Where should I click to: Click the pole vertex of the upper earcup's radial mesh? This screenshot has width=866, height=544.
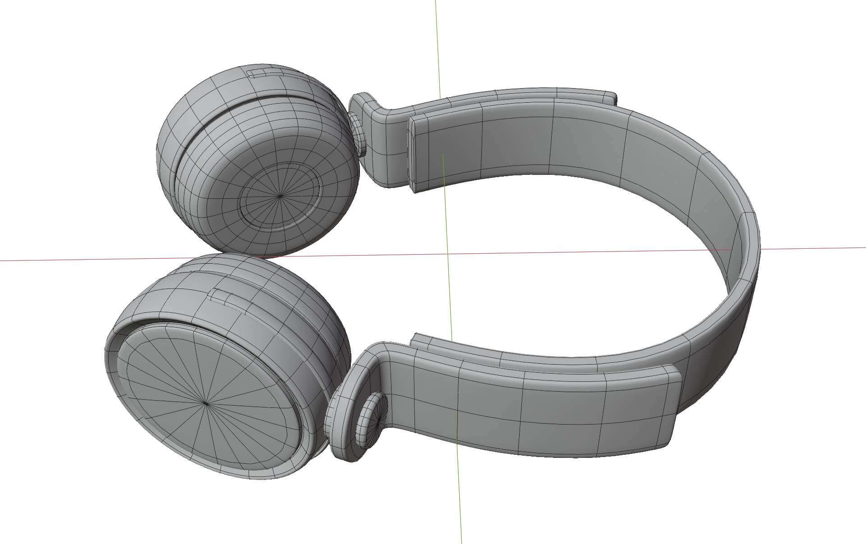pos(280,196)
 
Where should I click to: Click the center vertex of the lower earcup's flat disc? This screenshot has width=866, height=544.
pos(206,404)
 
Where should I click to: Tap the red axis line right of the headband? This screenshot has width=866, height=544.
pos(812,248)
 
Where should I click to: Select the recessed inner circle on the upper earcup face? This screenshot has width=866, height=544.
pos(280,196)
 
